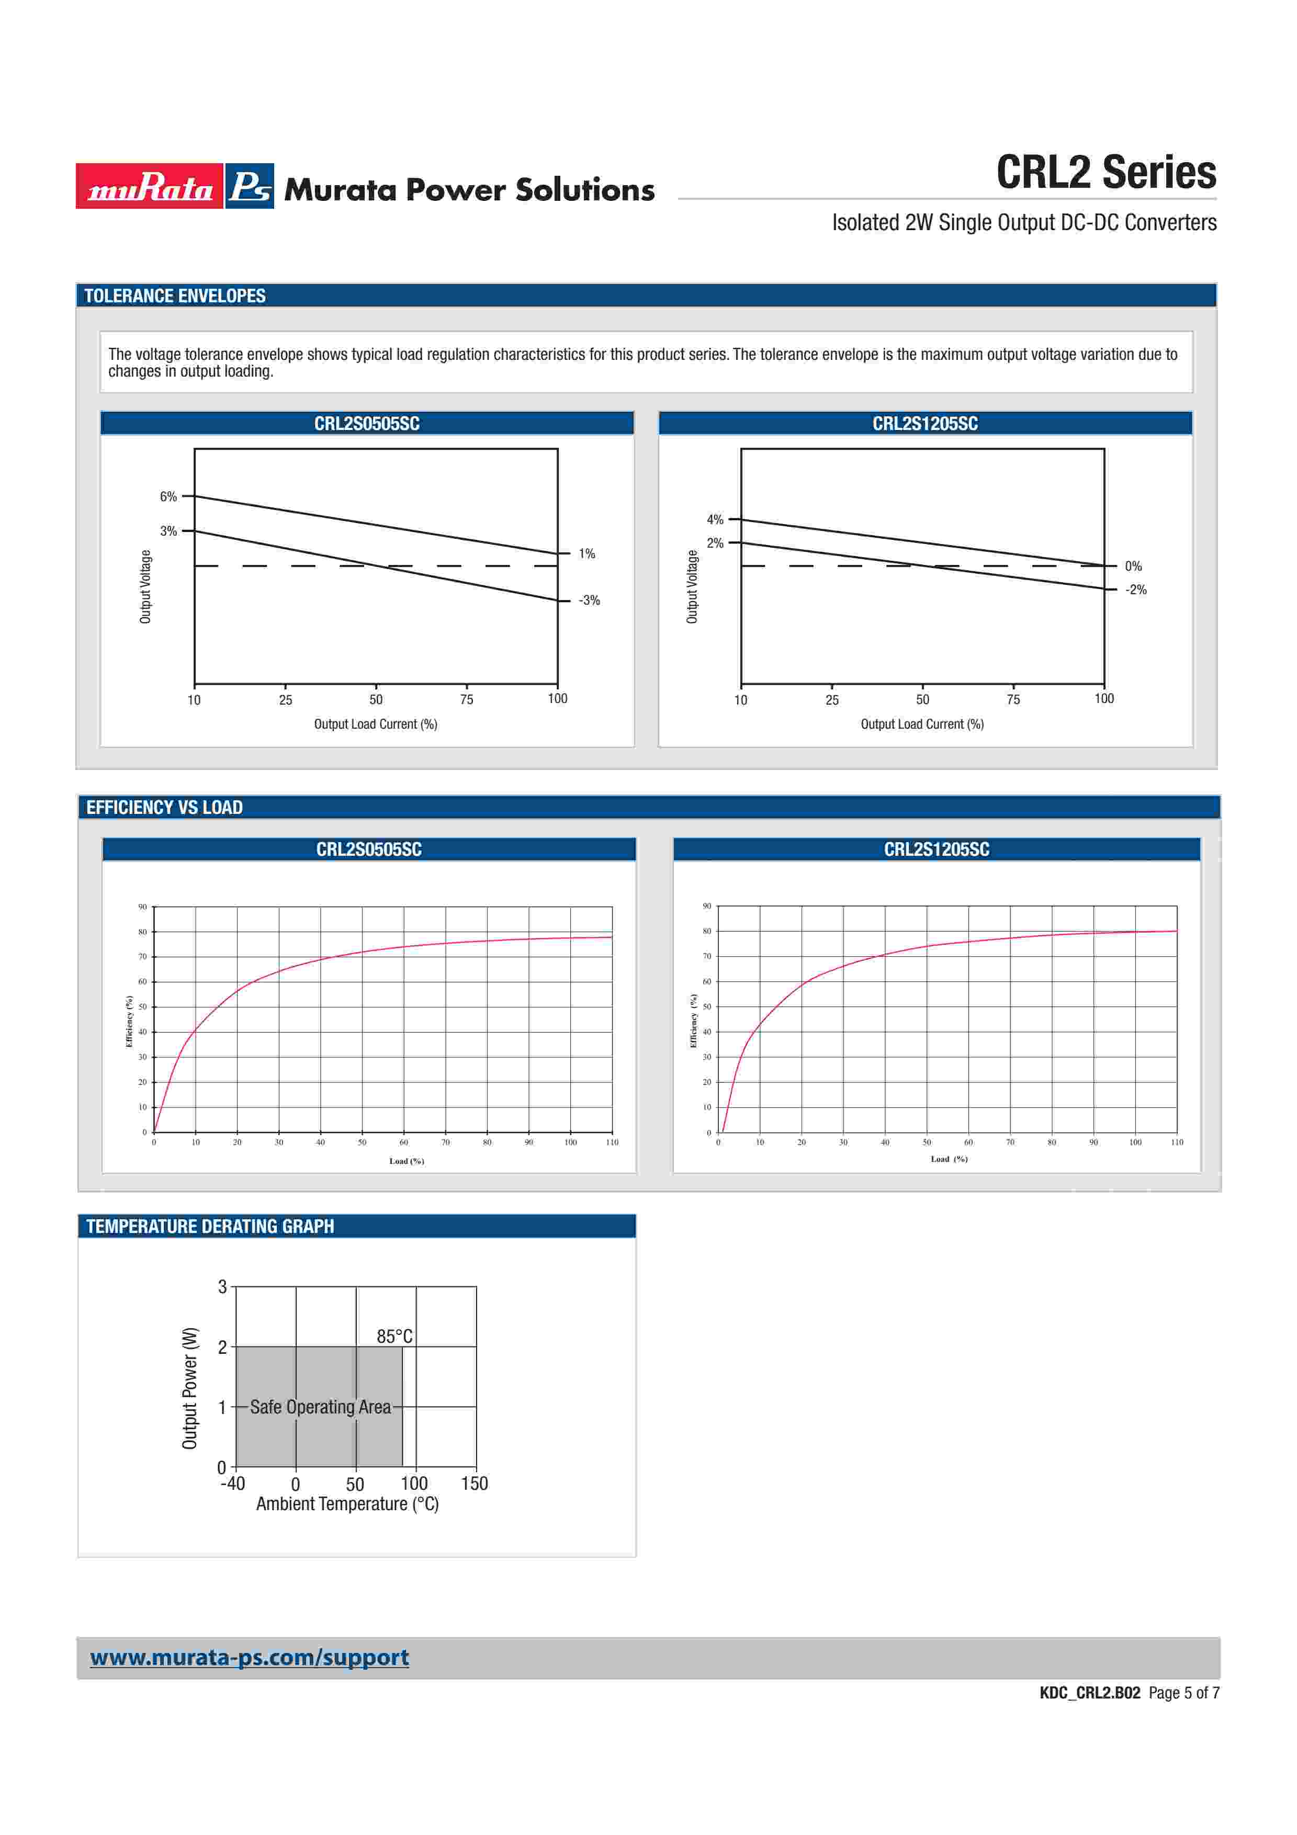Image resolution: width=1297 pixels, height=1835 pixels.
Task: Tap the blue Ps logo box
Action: pos(250,186)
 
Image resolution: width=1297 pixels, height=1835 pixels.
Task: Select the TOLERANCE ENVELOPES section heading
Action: pos(175,296)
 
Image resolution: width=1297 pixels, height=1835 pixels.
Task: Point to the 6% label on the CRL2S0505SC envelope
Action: pos(168,496)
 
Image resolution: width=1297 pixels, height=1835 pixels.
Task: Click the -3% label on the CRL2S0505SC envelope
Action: pos(589,600)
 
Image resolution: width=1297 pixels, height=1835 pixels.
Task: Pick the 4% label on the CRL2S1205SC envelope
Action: pos(715,519)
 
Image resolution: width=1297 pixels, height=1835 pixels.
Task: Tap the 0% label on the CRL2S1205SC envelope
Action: pos(1133,566)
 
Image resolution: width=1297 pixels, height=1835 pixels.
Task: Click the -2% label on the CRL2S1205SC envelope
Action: pos(1135,590)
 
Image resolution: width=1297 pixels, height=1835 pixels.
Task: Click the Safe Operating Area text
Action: pos(320,1407)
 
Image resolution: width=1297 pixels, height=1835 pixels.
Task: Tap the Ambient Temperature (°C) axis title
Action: pos(347,1503)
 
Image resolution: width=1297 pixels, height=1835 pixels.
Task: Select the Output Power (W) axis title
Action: pos(189,1388)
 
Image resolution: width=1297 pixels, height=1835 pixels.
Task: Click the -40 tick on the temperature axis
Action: pos(232,1483)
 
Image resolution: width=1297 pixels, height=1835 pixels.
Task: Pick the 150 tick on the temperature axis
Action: pos(474,1483)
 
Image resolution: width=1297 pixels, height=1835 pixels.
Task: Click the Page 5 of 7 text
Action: pos(1183,1693)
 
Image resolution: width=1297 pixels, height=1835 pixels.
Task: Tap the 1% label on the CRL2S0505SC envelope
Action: pos(587,553)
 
